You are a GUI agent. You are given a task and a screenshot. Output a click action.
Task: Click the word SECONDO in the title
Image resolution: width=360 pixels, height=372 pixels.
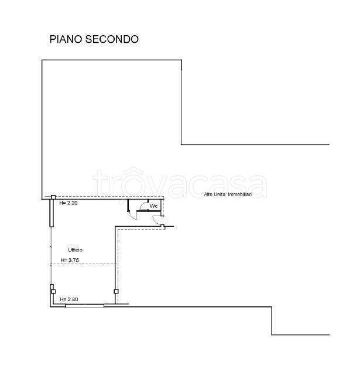click(x=112, y=39)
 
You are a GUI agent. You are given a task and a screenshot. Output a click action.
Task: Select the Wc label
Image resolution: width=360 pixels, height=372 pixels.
click(x=153, y=206)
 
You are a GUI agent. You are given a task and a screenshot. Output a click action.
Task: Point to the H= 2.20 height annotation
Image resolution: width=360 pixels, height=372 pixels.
click(x=68, y=203)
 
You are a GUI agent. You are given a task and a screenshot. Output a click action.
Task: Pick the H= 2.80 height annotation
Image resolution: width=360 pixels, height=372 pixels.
click(x=69, y=299)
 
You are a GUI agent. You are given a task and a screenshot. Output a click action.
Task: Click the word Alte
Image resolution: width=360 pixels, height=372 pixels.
click(x=209, y=194)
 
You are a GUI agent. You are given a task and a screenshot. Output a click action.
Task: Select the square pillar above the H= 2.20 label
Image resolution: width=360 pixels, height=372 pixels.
click(x=53, y=197)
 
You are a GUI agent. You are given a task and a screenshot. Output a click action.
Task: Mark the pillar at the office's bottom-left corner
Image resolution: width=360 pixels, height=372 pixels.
click(x=53, y=291)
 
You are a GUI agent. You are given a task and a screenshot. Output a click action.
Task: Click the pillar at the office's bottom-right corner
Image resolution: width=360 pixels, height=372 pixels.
click(x=116, y=291)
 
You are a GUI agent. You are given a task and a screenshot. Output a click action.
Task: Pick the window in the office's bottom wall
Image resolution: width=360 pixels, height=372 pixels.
click(x=85, y=305)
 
